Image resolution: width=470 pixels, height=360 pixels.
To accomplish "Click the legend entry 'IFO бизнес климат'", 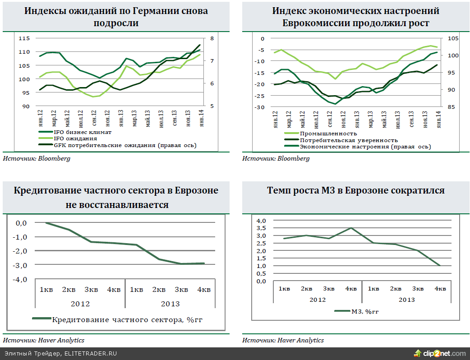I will [x=83, y=132].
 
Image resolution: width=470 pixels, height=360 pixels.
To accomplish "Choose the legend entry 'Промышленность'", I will [x=328, y=134].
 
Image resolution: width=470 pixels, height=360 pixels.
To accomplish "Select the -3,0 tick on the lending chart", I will [x=21, y=265].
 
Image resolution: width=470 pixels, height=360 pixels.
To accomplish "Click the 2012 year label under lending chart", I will [x=80, y=304].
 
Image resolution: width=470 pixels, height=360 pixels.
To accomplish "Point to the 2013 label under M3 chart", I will [x=406, y=299].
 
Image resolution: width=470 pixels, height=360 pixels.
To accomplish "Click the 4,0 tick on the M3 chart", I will [x=261, y=221].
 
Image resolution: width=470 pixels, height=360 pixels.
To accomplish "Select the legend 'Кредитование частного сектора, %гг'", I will [x=127, y=320].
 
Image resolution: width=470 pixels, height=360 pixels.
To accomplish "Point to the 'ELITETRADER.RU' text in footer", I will [x=91, y=354].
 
